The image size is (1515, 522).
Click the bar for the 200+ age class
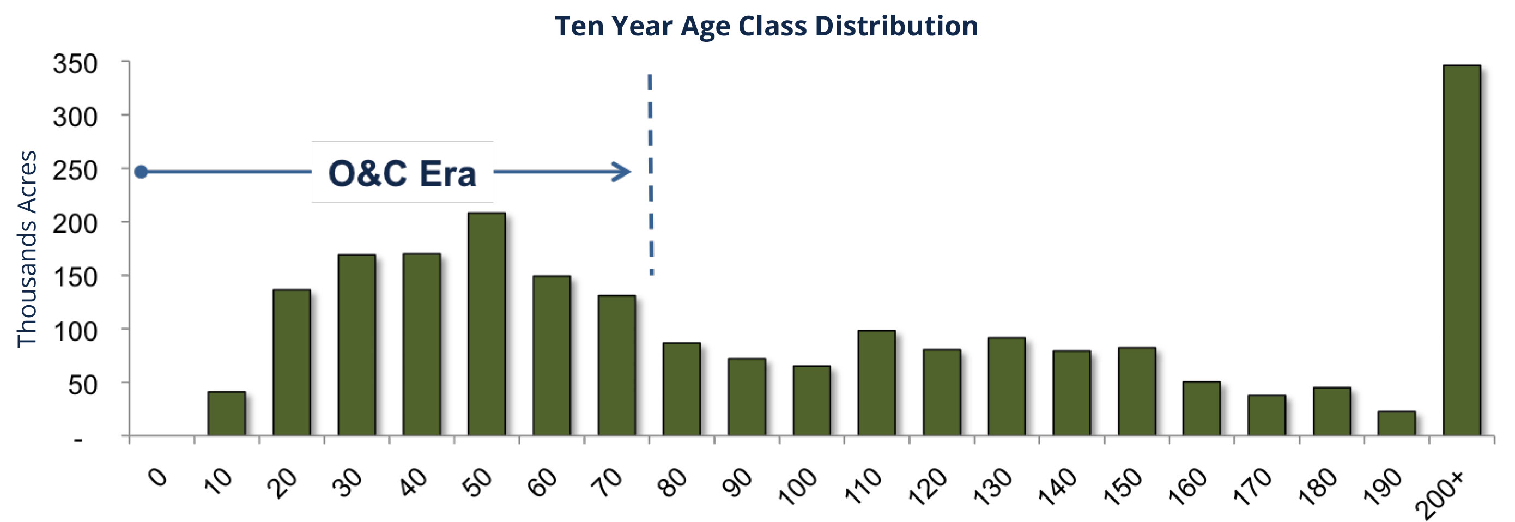[x=1462, y=251]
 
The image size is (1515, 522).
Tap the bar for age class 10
[x=226, y=413]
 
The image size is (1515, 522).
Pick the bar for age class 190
[x=1396, y=423]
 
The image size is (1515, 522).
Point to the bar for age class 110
[x=877, y=383]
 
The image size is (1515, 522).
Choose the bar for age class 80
[x=682, y=389]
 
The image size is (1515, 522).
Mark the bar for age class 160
[x=1202, y=409]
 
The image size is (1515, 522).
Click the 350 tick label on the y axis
[x=75, y=64]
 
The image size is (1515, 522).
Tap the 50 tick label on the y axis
[x=83, y=385]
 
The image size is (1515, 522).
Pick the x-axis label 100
[x=797, y=486]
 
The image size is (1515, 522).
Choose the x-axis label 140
[x=1057, y=486]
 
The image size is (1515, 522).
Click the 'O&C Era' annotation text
[x=402, y=173]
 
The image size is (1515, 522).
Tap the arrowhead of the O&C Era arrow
[x=622, y=172]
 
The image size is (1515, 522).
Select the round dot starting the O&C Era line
[x=141, y=172]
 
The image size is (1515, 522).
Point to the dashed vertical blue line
[x=651, y=174]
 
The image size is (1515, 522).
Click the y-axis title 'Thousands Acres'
[x=27, y=249]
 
